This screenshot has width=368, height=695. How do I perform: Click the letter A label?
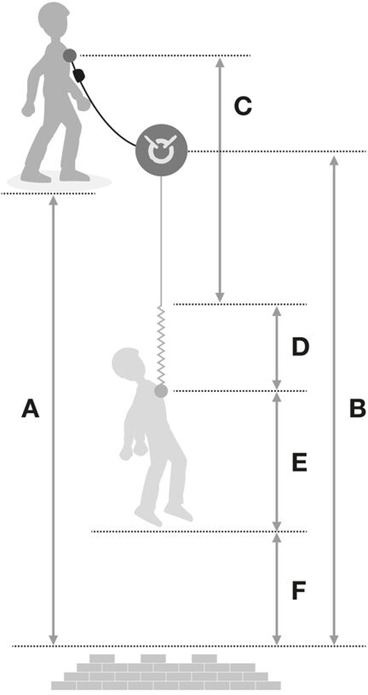(30, 408)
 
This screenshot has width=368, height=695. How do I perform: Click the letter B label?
(358, 408)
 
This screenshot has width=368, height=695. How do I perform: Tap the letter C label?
(243, 106)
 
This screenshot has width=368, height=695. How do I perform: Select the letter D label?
(300, 347)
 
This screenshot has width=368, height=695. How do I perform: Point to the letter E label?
(300, 464)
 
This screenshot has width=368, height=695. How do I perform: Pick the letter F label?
(300, 591)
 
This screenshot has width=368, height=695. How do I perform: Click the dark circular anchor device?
(161, 150)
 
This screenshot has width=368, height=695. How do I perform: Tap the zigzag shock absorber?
(161, 345)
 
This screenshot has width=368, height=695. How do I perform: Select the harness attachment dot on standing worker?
(70, 56)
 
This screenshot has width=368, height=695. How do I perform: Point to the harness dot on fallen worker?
(161, 391)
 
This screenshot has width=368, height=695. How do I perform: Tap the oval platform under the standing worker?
(58, 183)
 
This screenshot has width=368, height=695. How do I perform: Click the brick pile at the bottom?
(166, 672)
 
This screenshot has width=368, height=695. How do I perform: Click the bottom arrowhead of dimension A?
(54, 640)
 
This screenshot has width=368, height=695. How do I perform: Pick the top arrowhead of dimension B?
(335, 161)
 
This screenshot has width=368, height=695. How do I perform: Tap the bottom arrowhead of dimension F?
(277, 640)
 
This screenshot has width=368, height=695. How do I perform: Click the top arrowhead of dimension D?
(277, 312)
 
